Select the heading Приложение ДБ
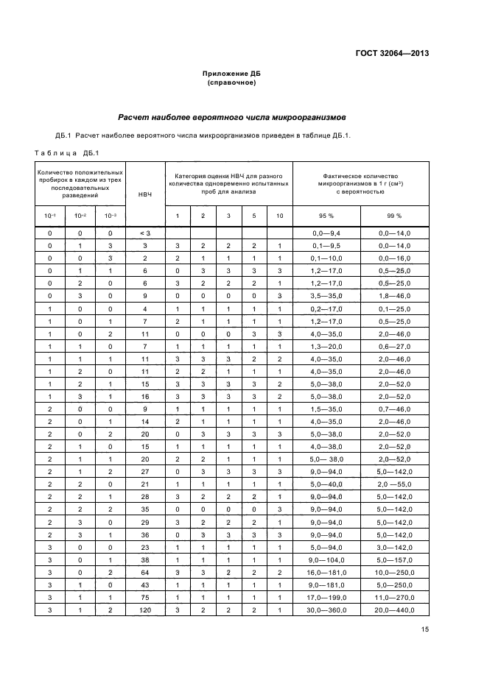tap(231, 74)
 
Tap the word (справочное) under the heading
tap(231, 83)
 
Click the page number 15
tap(425, 629)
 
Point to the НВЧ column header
tap(144, 194)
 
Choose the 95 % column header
tap(326, 216)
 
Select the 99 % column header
tap(395, 216)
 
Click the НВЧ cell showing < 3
tap(144, 233)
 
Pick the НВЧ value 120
tap(144, 609)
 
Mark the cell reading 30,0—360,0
tap(326, 609)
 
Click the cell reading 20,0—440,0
tap(395, 609)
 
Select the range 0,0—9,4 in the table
tap(326, 233)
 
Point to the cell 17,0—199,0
tap(326, 598)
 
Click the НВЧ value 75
tap(144, 598)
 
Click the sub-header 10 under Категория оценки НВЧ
tap(279, 216)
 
